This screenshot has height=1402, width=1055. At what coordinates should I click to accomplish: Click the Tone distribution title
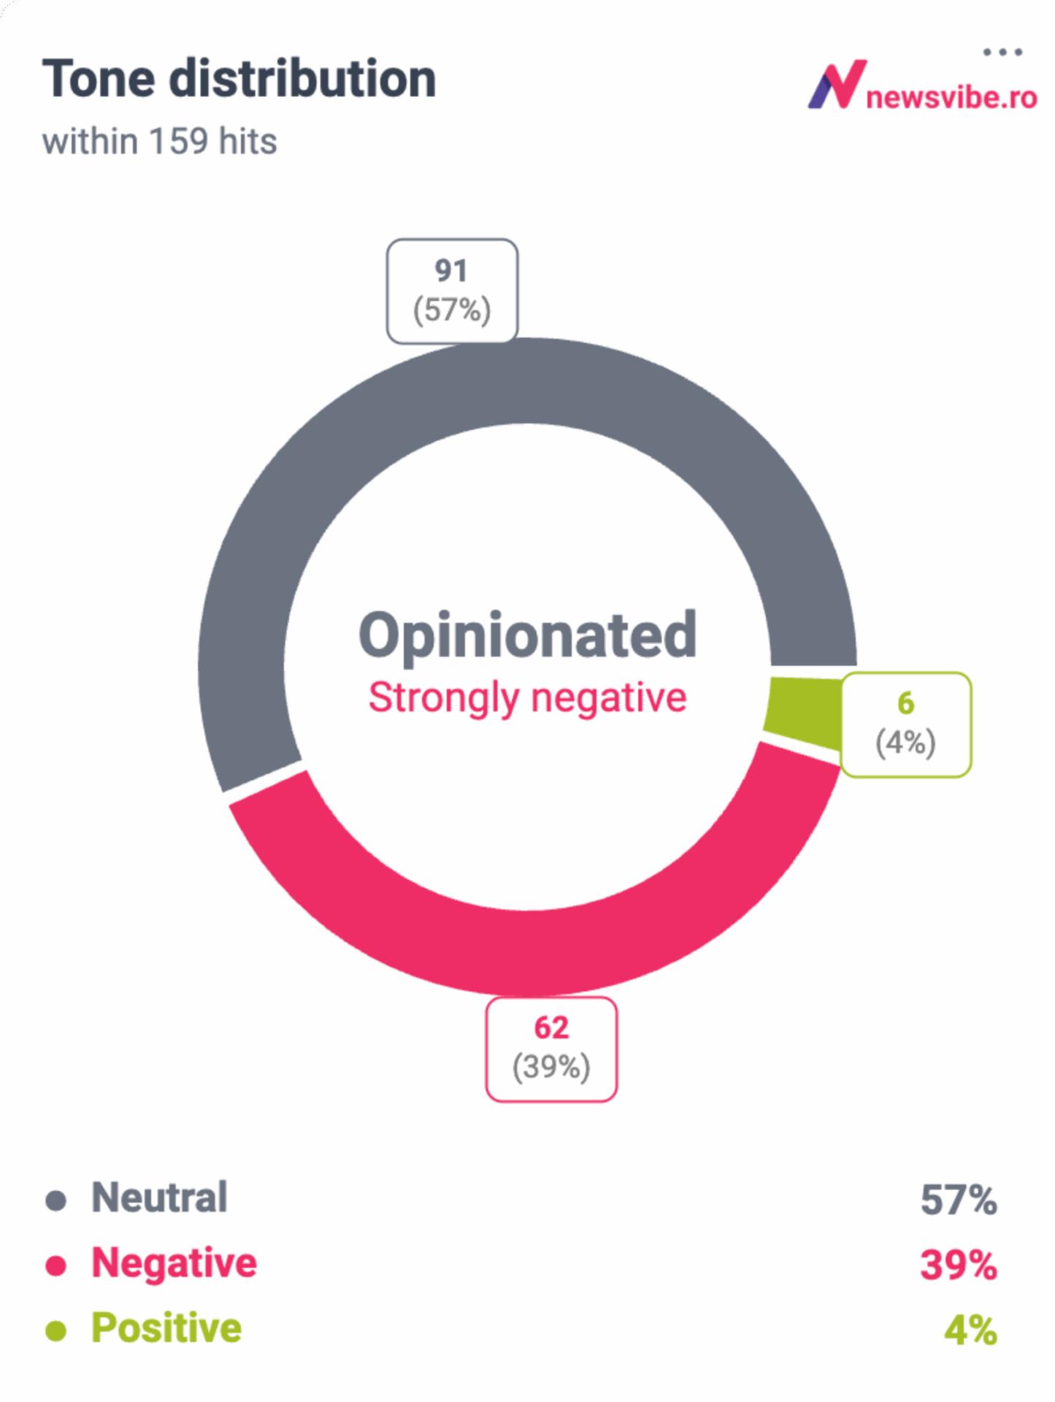coord(239,79)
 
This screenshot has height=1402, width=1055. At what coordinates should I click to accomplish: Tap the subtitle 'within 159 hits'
coord(159,141)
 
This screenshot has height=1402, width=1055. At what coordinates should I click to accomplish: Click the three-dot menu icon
coord(1002,52)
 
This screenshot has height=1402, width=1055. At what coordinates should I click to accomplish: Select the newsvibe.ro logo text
coord(951,97)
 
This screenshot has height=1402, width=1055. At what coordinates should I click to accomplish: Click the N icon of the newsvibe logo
coord(837,85)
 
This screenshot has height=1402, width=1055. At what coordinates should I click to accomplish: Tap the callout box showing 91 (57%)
coord(452,291)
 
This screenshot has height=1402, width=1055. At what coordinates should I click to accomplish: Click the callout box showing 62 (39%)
coord(551,1048)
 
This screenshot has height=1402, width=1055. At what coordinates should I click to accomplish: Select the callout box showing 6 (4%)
coord(905,724)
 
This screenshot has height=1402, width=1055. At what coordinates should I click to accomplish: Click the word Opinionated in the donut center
coord(527,635)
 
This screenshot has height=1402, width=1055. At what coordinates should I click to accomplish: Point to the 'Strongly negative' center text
coord(527,697)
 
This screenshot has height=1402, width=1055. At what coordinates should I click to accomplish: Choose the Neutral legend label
coord(159,1198)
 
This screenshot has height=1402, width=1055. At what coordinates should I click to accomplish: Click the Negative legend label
coord(174,1263)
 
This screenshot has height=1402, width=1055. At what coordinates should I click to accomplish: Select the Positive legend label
coord(166,1328)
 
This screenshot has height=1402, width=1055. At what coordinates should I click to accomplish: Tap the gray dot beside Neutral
coord(56,1200)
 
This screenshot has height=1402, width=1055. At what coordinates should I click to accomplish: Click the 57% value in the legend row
coord(958,1200)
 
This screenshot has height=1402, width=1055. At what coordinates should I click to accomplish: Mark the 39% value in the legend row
coord(958,1265)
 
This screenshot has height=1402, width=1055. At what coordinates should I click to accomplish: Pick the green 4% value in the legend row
coord(970,1330)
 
